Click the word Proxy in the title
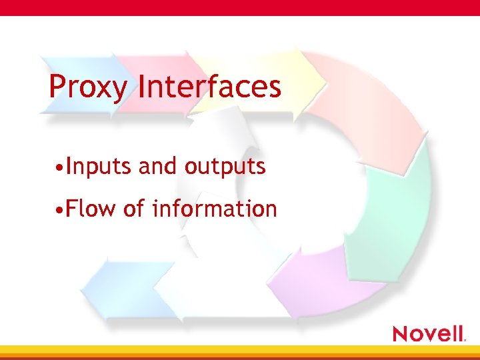click(87, 87)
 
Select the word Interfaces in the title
click(209, 87)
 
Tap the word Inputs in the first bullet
click(99, 166)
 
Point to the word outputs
click(225, 167)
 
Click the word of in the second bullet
click(134, 209)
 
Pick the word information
click(214, 209)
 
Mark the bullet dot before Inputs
click(60, 167)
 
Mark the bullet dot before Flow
click(60, 210)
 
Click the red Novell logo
click(428, 333)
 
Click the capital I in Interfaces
click(142, 87)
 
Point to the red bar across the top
click(240, 7)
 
